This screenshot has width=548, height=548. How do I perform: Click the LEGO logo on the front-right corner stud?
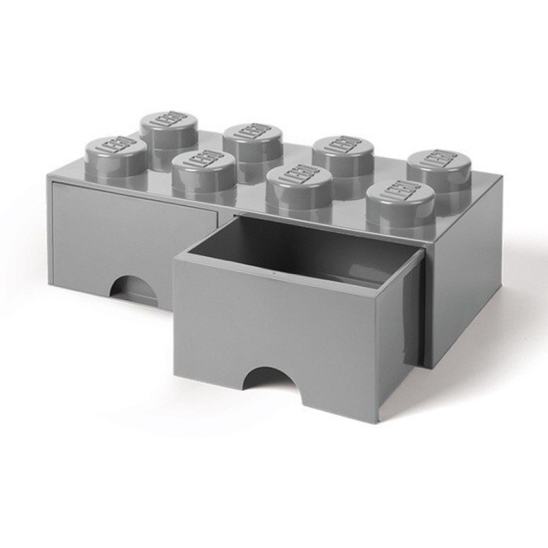point(400,190)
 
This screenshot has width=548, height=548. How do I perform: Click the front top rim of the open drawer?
point(288,263)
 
